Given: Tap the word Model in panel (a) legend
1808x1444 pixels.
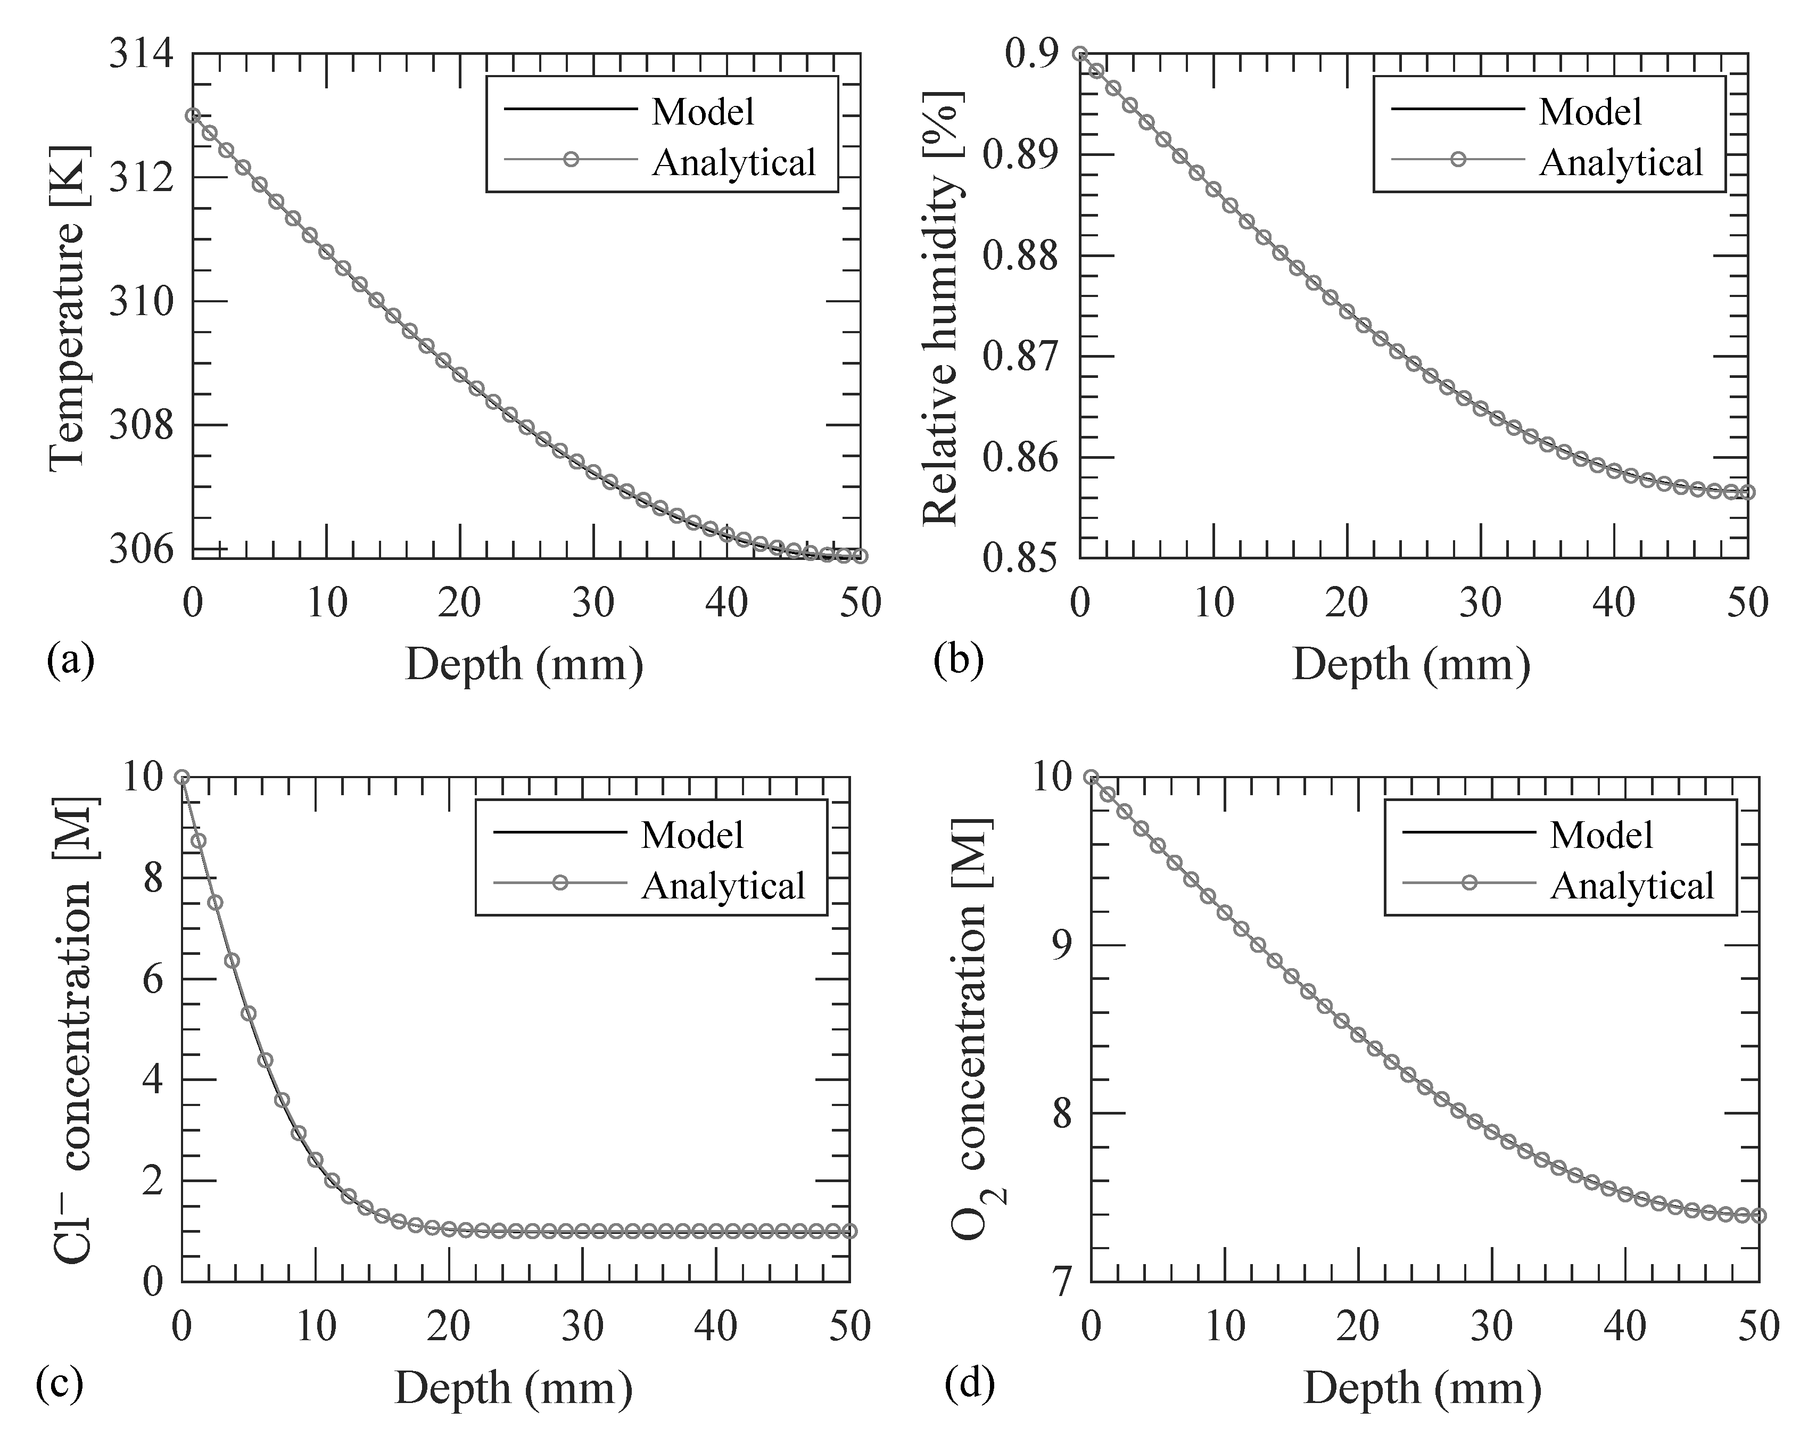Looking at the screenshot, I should [703, 112].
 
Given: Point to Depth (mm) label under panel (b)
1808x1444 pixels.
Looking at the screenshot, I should [1411, 664].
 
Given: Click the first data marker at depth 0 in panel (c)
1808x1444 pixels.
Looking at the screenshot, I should [181, 777].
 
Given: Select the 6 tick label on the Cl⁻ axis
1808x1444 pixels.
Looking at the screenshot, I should [153, 979].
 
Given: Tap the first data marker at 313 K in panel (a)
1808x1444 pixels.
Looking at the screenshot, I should [193, 115].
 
